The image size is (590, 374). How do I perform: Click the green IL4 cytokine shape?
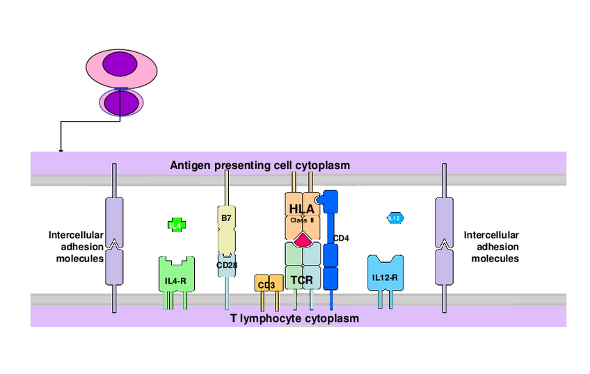point(176,225)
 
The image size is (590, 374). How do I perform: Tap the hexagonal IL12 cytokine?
point(394,218)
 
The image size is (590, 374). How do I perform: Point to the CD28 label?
point(227,265)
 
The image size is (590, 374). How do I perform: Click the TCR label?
point(302,280)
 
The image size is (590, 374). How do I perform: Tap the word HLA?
point(302,209)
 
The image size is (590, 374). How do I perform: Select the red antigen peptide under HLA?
point(303,241)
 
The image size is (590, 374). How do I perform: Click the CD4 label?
point(341,238)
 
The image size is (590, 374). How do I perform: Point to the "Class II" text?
point(302,220)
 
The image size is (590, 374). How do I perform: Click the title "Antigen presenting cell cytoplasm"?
point(260,165)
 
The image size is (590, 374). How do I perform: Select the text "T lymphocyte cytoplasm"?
point(294,318)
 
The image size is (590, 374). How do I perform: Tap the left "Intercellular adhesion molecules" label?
point(76,246)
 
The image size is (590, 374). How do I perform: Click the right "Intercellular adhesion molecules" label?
point(491,246)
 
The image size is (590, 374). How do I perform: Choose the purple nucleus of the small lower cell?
point(120,102)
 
